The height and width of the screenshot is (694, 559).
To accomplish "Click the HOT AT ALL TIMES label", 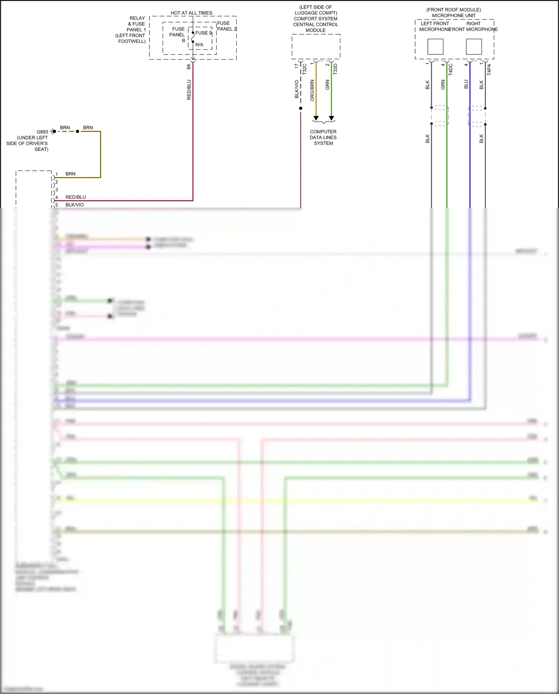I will tap(191, 13).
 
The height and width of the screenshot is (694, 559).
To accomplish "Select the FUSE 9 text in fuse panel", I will tap(203, 33).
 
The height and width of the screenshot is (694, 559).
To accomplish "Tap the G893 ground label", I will tap(42, 132).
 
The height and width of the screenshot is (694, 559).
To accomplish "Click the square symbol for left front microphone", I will tap(435, 47).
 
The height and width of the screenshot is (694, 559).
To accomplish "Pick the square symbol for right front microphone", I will tap(474, 47).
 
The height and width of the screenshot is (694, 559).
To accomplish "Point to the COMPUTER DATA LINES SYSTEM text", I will tap(323, 137).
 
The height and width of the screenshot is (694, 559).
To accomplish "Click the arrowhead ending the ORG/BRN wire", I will tap(316, 118).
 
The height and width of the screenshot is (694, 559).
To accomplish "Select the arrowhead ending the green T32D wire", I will tap(331, 118).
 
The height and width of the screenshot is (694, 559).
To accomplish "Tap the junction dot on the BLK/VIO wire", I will tap(301, 109).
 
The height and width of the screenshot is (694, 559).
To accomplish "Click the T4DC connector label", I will tap(451, 69).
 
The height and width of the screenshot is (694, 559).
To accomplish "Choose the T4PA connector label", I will tap(489, 69).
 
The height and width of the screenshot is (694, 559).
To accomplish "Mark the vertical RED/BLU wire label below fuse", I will tap(189, 90).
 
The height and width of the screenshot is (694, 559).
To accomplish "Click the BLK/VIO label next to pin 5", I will tap(75, 205).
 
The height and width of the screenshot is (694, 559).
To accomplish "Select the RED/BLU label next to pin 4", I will tap(76, 197).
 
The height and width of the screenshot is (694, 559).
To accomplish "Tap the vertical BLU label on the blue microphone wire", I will tap(466, 84).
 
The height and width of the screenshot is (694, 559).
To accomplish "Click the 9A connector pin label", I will tap(189, 67).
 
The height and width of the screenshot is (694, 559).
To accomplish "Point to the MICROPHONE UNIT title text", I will tap(454, 16).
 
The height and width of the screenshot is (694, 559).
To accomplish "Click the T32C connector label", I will tap(304, 69).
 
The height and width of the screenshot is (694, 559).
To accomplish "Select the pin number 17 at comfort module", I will tap(297, 66).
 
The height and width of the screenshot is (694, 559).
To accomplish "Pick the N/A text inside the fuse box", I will tap(199, 45).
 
